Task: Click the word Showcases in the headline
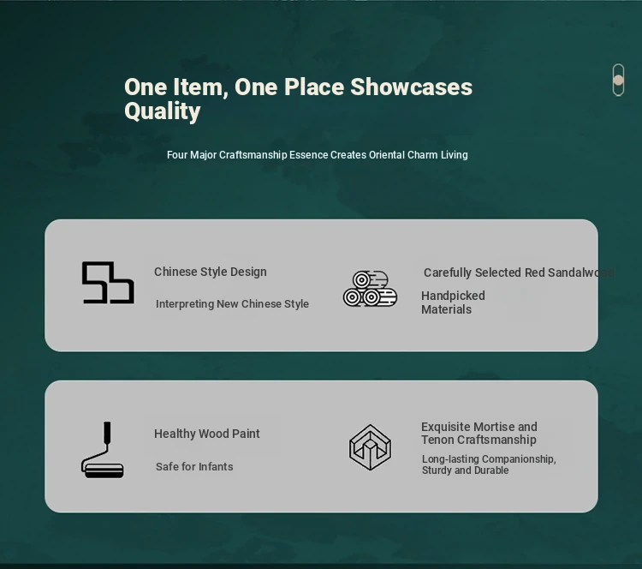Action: pos(411,87)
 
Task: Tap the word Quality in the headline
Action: pos(163,111)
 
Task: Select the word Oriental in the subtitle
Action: pos(387,155)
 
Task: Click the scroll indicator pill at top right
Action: pos(618,80)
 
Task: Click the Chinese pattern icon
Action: pos(108,283)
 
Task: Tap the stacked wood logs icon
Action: pos(370,289)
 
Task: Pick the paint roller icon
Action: pos(103,450)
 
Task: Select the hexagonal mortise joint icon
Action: pos(370,447)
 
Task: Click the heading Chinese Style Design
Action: pos(211,272)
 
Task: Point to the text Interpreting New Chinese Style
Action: pos(232,303)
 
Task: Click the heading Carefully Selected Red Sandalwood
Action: pos(519,273)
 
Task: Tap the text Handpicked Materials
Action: pos(453,302)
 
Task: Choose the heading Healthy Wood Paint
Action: pos(207,434)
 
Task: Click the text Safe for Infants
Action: pos(194,466)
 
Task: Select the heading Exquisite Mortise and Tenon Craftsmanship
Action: pos(479,434)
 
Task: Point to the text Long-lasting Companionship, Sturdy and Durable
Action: pos(489,464)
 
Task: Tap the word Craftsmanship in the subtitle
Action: pos(253,155)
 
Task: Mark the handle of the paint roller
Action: pos(107,432)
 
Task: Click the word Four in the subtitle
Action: pos(177,155)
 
